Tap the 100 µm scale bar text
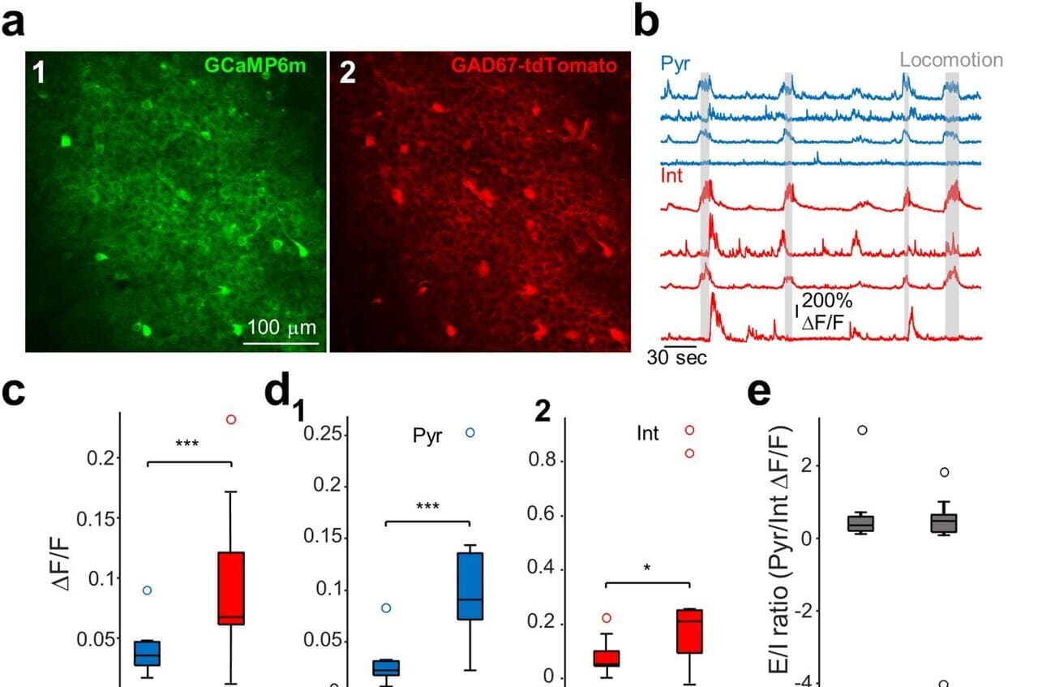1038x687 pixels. (x=281, y=328)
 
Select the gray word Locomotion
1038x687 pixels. (x=950, y=59)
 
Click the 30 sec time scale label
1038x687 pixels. (x=676, y=358)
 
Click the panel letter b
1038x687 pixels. (x=646, y=23)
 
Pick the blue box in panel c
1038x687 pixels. (x=147, y=653)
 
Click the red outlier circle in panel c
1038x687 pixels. (x=231, y=419)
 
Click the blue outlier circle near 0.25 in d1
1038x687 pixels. (x=470, y=432)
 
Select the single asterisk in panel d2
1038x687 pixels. (x=646, y=569)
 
